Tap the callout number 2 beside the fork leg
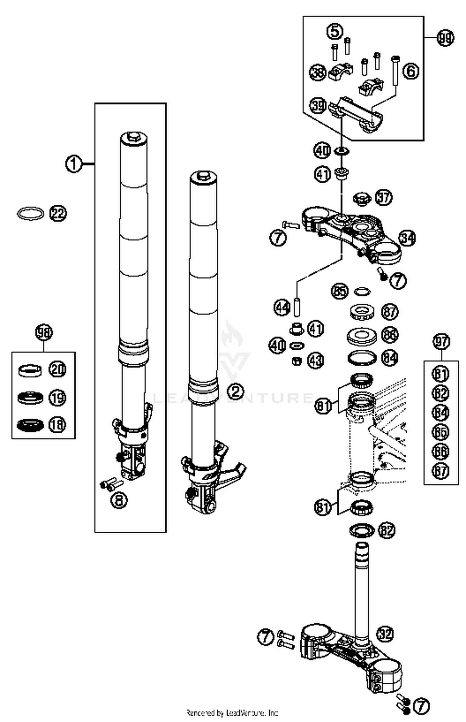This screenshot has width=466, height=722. [235, 391]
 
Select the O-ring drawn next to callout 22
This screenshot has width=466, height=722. [30, 214]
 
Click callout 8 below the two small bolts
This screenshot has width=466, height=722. [119, 501]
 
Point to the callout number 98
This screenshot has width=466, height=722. [43, 333]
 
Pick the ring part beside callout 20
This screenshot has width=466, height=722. [30, 370]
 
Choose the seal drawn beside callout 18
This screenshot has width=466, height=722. [30, 425]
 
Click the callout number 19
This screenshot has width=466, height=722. [57, 398]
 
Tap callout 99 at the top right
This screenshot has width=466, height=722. [445, 38]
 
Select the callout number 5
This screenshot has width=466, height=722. [335, 31]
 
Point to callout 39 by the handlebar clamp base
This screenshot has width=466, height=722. [318, 106]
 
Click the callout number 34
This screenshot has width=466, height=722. [407, 239]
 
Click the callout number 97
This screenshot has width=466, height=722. [441, 342]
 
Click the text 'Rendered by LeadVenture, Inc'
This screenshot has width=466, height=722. [232, 712]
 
